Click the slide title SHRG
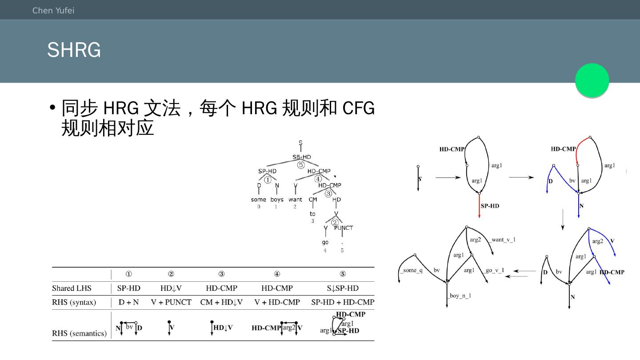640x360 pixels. click(74, 50)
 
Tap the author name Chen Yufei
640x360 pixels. click(53, 10)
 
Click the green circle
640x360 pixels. click(592, 80)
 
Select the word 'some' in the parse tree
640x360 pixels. click(258, 200)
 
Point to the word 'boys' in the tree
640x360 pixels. click(276, 200)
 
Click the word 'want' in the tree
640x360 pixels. click(295, 200)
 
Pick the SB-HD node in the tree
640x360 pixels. click(302, 157)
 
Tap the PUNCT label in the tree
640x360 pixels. click(343, 228)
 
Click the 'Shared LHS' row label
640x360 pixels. click(72, 288)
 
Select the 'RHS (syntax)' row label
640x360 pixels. click(74, 303)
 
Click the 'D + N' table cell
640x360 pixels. click(128, 303)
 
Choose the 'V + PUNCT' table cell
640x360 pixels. click(171, 303)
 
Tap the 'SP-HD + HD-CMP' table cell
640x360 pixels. click(343, 303)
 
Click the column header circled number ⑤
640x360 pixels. click(343, 274)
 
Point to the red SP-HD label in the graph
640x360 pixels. click(490, 206)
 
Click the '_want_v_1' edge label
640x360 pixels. click(503, 240)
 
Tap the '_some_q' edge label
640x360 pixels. click(411, 271)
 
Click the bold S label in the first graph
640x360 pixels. click(420, 179)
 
